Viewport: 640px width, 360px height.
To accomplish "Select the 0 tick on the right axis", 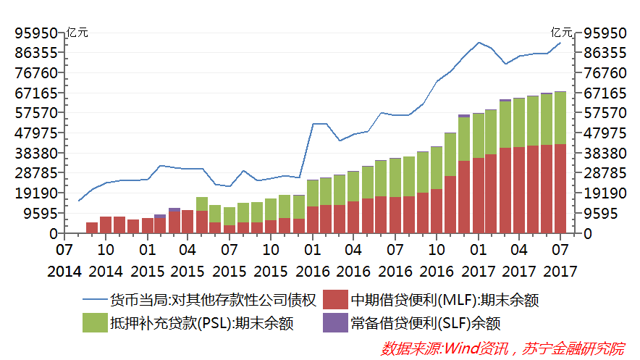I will [589, 234].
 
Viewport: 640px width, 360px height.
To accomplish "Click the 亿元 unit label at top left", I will [77, 32].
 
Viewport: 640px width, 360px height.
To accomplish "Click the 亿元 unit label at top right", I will [561, 32].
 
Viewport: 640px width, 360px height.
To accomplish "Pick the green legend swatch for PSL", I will [93, 323].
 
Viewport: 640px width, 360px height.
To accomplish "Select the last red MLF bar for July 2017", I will [560, 188].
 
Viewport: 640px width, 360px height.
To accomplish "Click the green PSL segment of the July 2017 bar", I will [560, 118].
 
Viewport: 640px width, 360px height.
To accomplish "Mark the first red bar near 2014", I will [92, 227].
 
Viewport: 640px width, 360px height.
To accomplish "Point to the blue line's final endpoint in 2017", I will [560, 43].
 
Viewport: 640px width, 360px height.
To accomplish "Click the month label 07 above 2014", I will [64, 250].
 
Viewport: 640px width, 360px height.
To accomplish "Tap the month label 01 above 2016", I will [313, 250].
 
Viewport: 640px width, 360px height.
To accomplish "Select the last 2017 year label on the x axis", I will [560, 272].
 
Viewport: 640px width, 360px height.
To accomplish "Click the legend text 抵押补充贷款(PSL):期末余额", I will [201, 323].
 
